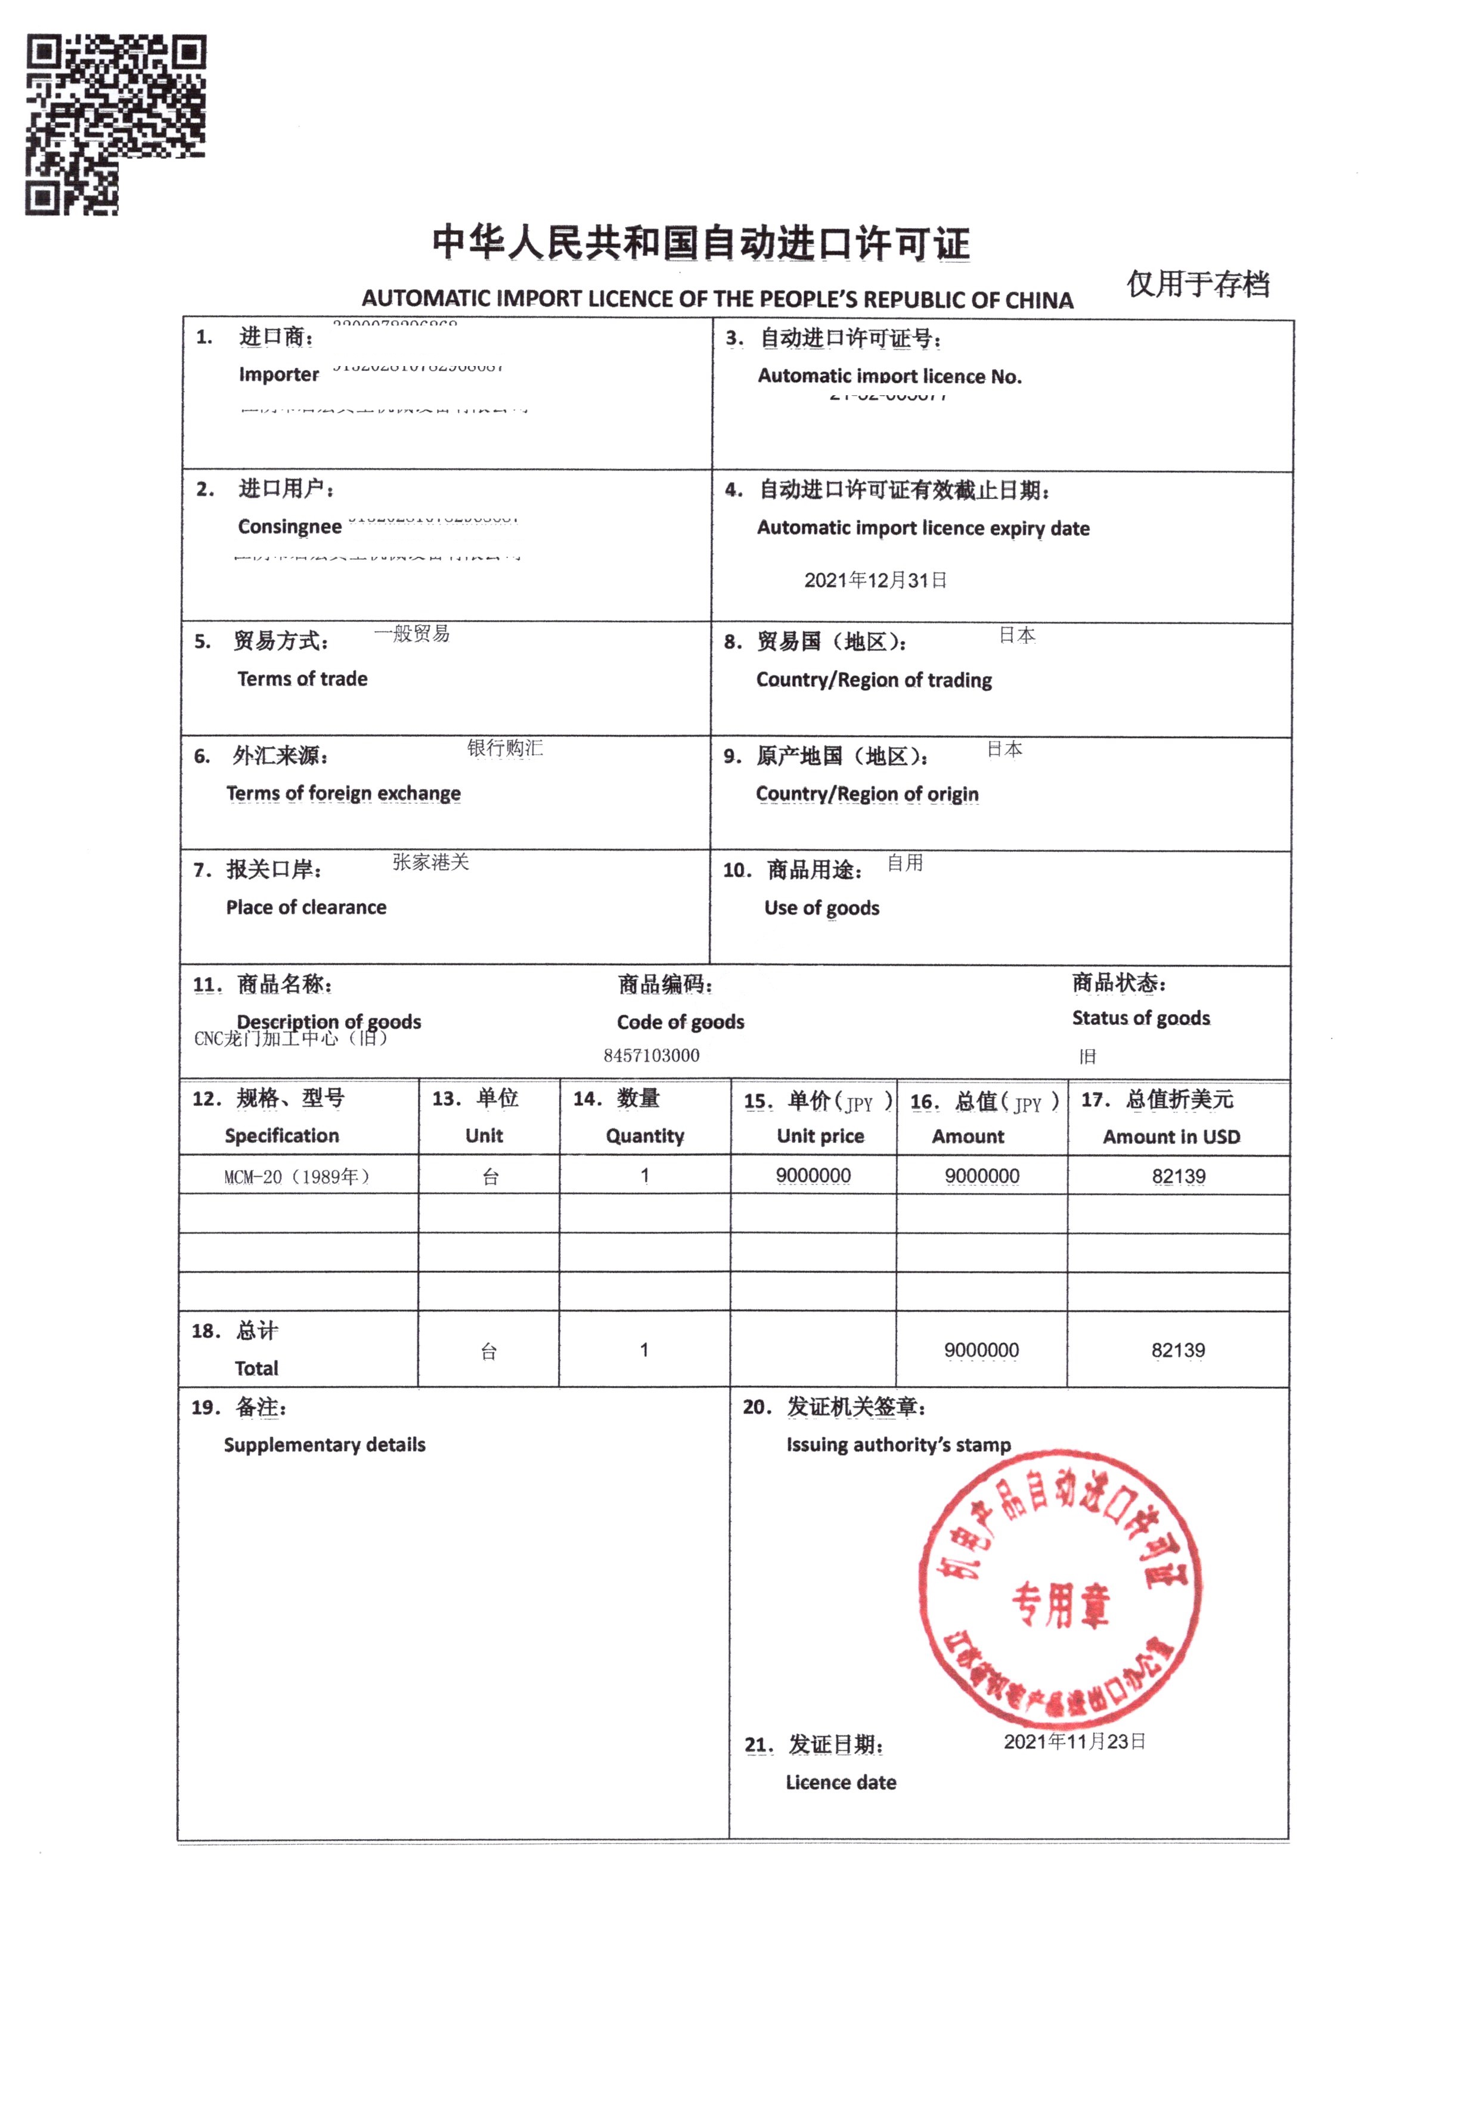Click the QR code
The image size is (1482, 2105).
click(x=116, y=125)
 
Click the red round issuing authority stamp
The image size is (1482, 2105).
click(x=1060, y=1591)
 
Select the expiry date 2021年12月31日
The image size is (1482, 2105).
click(x=875, y=580)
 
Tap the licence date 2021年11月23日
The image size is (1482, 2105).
click(x=1074, y=1742)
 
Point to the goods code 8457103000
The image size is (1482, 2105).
click(x=651, y=1055)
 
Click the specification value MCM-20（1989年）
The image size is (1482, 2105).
click(x=296, y=1177)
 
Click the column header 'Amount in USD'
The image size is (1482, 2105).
click(x=1171, y=1137)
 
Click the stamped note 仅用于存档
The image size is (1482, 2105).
click(x=1198, y=284)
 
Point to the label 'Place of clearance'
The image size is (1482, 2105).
click(x=306, y=908)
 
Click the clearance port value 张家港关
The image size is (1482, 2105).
click(x=430, y=862)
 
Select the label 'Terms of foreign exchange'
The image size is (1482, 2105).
click(x=343, y=793)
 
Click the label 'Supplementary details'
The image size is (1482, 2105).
click(x=325, y=1445)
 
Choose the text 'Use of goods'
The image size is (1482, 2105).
click(x=821, y=908)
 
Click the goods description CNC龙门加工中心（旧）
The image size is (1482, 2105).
click(x=291, y=1038)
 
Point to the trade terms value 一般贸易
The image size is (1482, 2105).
click(x=412, y=634)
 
